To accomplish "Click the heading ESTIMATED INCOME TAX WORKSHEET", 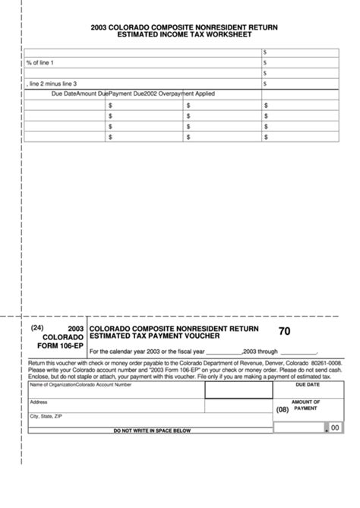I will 182,34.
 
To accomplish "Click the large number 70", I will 284,331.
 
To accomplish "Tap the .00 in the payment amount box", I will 334,428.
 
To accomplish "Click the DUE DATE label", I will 308,385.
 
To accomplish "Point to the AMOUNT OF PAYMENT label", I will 305,405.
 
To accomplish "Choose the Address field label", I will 39,402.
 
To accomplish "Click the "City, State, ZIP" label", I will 46,416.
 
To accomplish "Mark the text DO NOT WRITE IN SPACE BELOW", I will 152,431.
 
